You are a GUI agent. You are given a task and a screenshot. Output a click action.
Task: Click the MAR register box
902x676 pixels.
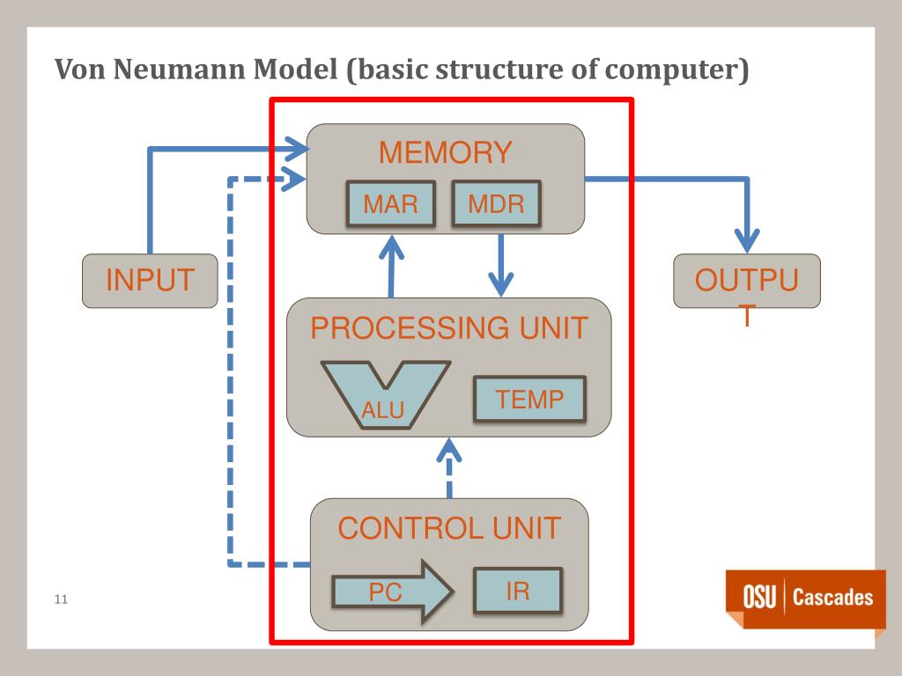pyautogui.click(x=390, y=204)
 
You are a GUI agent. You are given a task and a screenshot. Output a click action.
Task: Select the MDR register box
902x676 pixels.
pyautogui.click(x=496, y=204)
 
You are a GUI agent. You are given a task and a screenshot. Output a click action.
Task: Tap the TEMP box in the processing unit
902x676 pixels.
pyautogui.click(x=529, y=400)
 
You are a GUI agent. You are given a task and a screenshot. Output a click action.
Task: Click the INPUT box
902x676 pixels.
pyautogui.click(x=150, y=281)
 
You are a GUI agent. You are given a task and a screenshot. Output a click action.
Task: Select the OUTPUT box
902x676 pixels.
pyautogui.click(x=746, y=281)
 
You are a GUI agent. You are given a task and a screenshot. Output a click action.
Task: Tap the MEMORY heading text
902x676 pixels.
pyautogui.click(x=445, y=152)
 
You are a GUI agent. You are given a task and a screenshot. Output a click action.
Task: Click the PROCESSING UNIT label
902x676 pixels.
pyautogui.click(x=448, y=328)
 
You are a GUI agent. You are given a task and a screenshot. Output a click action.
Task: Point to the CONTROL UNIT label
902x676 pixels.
pyautogui.click(x=449, y=528)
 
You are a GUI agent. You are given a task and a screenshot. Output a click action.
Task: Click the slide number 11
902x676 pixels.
pyautogui.click(x=61, y=600)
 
